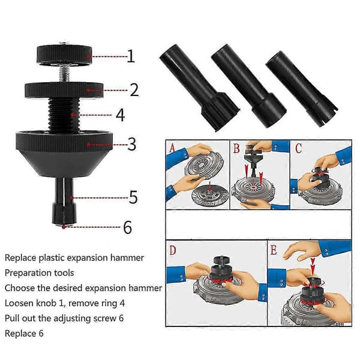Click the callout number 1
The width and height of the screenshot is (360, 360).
pyautogui.click(x=131, y=56)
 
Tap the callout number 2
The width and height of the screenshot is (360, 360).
pyautogui.click(x=134, y=90)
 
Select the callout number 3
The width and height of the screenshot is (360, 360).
pyautogui.click(x=132, y=144)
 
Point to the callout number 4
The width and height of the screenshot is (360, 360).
pyautogui.click(x=121, y=115)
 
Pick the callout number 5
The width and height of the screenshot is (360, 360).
pyautogui.click(x=133, y=197)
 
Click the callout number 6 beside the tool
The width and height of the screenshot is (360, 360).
pyautogui.click(x=128, y=227)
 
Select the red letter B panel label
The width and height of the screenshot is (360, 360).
pyautogui.click(x=236, y=148)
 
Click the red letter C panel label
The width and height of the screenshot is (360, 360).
pyautogui.click(x=298, y=148)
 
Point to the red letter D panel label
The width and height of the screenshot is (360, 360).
pyautogui.click(x=173, y=250)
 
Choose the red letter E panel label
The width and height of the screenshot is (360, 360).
pyautogui.click(x=274, y=250)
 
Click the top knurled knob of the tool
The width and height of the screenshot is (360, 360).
pyautogui.click(x=64, y=55)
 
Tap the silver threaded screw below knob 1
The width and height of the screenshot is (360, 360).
pyautogui.click(x=64, y=73)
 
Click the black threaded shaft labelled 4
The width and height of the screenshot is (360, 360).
pyautogui.click(x=64, y=115)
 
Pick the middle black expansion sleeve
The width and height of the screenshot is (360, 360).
pyautogui.click(x=248, y=86)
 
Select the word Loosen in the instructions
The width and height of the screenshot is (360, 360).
pyautogui.click(x=19, y=303)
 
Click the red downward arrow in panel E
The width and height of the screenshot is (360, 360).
pyautogui.click(x=313, y=266)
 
